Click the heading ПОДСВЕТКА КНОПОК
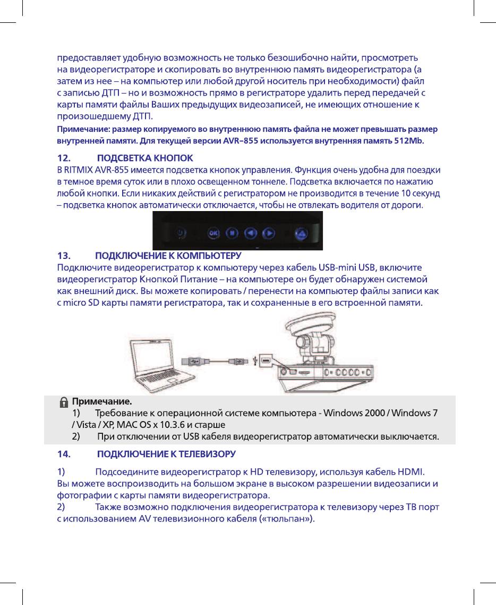coord(146,158)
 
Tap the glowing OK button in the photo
coord(213,232)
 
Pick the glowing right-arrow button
coord(270,232)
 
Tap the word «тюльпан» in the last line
coord(287,519)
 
